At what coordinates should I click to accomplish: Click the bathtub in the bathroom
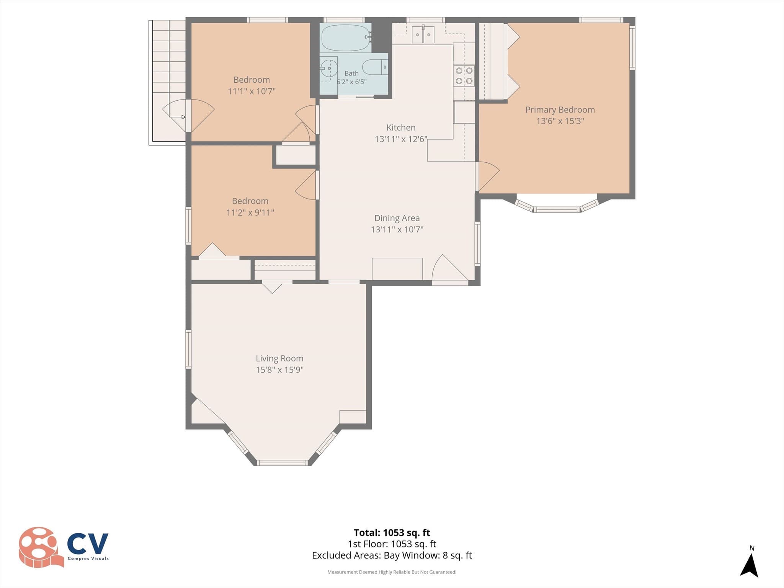pos(346,38)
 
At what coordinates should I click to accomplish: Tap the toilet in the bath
pos(375,67)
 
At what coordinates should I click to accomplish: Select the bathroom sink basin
pos(328,69)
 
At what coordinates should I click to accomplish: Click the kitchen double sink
pos(423,35)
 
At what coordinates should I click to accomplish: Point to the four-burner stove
pos(464,75)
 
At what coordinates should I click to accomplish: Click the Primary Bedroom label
pos(560,110)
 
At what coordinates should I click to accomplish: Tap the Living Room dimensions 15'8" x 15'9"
pos(280,370)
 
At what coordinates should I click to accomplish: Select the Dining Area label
pos(397,218)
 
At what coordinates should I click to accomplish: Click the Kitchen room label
pos(401,127)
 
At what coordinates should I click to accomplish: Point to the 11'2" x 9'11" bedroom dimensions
pos(250,212)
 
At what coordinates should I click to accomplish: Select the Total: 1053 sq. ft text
pos(392,532)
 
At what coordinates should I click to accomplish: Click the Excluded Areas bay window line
pos(392,555)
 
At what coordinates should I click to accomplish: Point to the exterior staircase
pos(167,82)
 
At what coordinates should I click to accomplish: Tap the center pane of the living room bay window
pos(282,463)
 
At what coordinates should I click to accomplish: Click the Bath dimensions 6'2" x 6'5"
pos(351,82)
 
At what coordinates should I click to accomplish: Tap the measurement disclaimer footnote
pos(392,572)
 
